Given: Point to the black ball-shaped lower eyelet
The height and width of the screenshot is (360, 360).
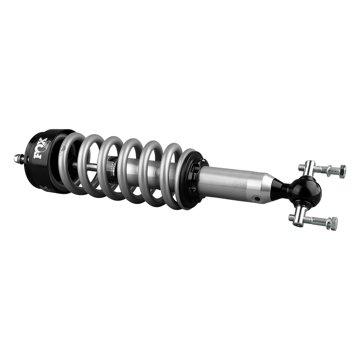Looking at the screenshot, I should click(x=306, y=190).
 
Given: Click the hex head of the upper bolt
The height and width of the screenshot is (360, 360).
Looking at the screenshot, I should click(x=342, y=172).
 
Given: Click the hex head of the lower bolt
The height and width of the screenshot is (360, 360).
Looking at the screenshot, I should click(x=332, y=225).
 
